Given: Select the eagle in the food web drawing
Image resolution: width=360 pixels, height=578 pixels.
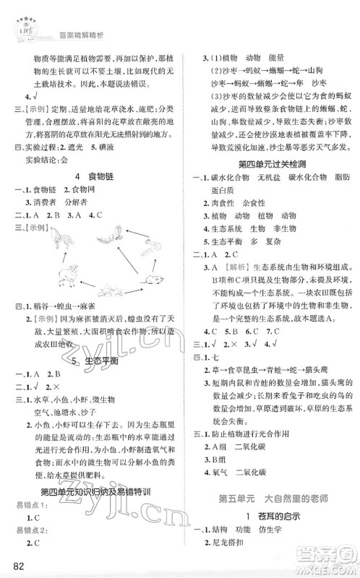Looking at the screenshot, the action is (111, 237).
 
